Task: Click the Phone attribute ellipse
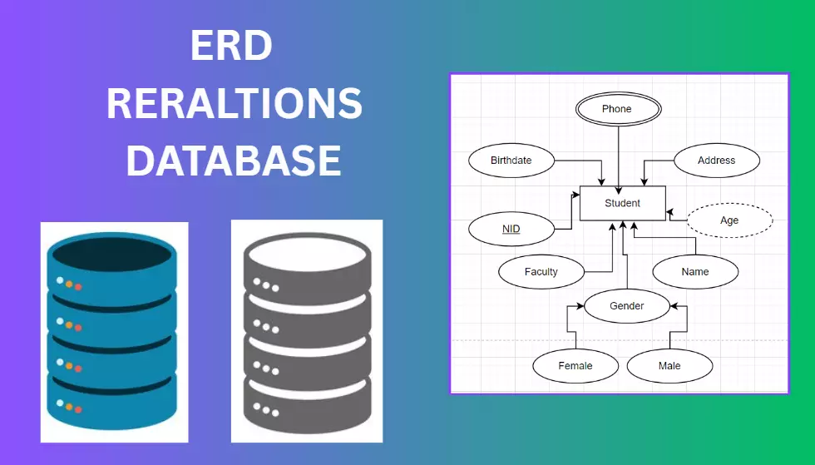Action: [617, 109]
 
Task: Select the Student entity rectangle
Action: [622, 203]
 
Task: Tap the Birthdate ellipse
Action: [511, 161]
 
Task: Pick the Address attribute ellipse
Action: [716, 161]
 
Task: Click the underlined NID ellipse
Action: [511, 228]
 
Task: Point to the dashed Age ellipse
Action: [729, 220]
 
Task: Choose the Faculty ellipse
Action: [541, 271]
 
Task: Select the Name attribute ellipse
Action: [694, 271]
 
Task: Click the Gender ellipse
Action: [626, 306]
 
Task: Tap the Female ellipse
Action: [575, 366]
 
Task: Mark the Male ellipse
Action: [669, 366]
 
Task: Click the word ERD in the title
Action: [230, 47]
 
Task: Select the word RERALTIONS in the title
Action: [234, 104]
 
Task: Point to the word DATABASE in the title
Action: [234, 161]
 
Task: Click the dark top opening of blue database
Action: [114, 255]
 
